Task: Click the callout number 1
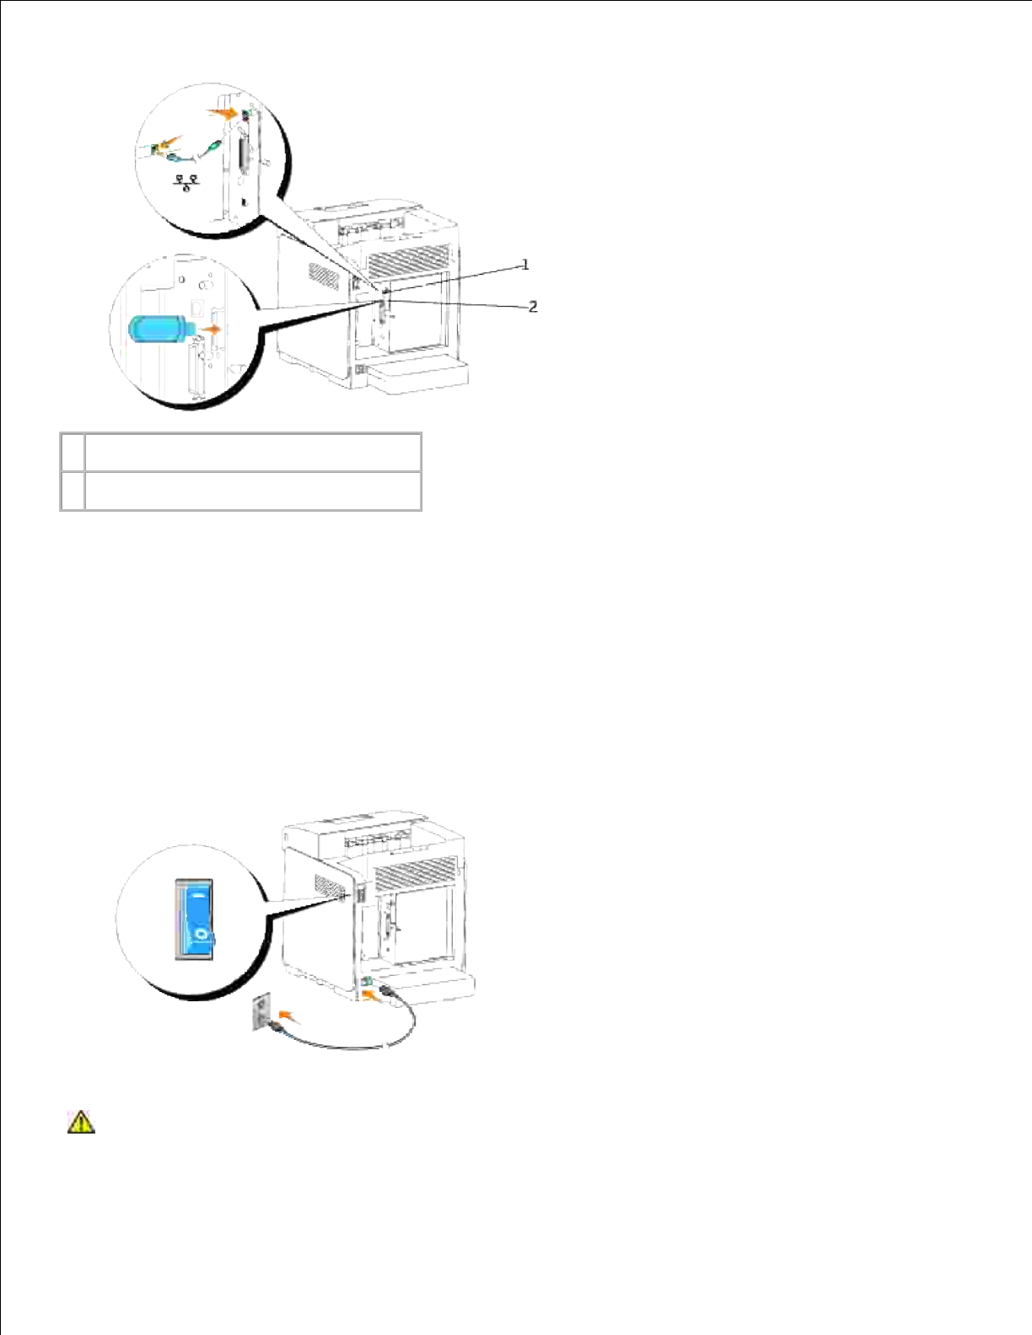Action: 525,265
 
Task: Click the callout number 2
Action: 533,307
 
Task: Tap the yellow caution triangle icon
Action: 81,1122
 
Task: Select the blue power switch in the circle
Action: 194,919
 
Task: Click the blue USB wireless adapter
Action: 158,327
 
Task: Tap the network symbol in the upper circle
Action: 186,181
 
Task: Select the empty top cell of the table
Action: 253,452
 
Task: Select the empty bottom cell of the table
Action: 253,491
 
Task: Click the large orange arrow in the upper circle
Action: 224,112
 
